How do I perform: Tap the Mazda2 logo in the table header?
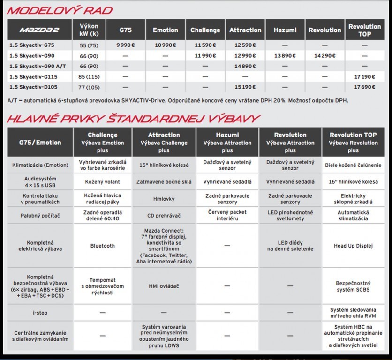pos(39,30)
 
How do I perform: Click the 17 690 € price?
pos(364,87)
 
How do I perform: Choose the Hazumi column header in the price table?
pos(285,30)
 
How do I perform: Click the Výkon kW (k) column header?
pos(89,30)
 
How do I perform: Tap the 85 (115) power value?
pos(89,76)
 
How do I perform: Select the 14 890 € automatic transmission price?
pos(245,66)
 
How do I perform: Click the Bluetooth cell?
pos(102,246)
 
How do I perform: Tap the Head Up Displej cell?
pos(353,246)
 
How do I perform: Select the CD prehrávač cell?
pos(164,216)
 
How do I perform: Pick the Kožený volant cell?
pos(102,181)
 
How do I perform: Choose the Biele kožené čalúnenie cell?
pos(353,165)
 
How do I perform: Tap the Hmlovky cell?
pos(164,199)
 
